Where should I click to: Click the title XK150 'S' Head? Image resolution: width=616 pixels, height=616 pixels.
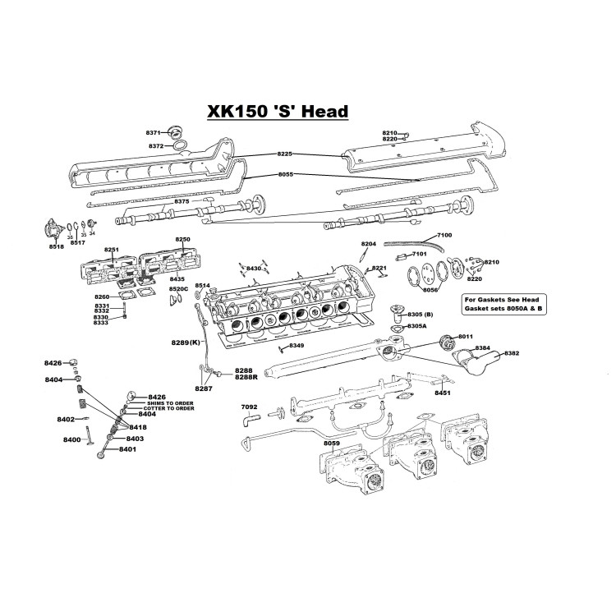[277, 111]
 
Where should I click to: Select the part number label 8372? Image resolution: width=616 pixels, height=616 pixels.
[156, 146]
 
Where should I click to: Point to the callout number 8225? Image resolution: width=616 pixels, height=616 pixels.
[285, 154]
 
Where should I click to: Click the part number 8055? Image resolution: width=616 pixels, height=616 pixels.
[285, 175]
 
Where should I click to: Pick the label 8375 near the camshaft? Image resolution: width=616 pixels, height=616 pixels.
[182, 201]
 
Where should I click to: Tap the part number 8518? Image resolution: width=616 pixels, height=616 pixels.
[56, 246]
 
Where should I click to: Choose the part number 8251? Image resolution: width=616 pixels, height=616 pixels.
[112, 250]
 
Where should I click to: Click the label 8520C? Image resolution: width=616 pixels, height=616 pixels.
[178, 289]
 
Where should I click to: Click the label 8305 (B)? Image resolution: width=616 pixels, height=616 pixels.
[425, 315]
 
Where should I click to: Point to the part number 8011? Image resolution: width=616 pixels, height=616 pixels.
[466, 337]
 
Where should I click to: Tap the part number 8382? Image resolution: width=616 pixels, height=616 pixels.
[512, 353]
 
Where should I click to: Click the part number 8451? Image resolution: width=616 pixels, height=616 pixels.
[443, 393]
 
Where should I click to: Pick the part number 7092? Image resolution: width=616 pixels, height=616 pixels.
[249, 407]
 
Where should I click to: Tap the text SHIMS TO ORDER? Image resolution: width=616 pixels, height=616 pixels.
[171, 403]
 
